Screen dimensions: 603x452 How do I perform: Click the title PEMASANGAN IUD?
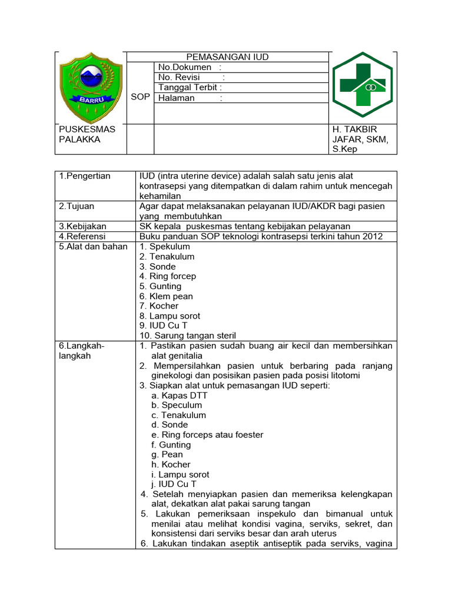click(227, 57)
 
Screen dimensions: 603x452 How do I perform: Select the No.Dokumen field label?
click(185, 68)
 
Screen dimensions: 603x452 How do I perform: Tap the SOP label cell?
click(140, 97)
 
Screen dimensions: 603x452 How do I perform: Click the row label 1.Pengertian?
click(84, 176)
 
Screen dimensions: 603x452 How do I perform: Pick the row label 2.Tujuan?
click(77, 206)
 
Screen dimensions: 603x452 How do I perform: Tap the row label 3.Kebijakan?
click(82, 226)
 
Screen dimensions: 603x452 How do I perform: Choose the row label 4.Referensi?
click(82, 236)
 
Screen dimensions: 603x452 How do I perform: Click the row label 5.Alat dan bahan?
click(93, 246)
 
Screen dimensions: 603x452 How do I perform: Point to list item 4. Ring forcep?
click(168, 276)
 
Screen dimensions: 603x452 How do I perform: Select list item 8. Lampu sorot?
click(169, 316)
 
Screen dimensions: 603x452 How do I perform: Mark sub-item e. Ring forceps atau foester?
click(207, 435)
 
